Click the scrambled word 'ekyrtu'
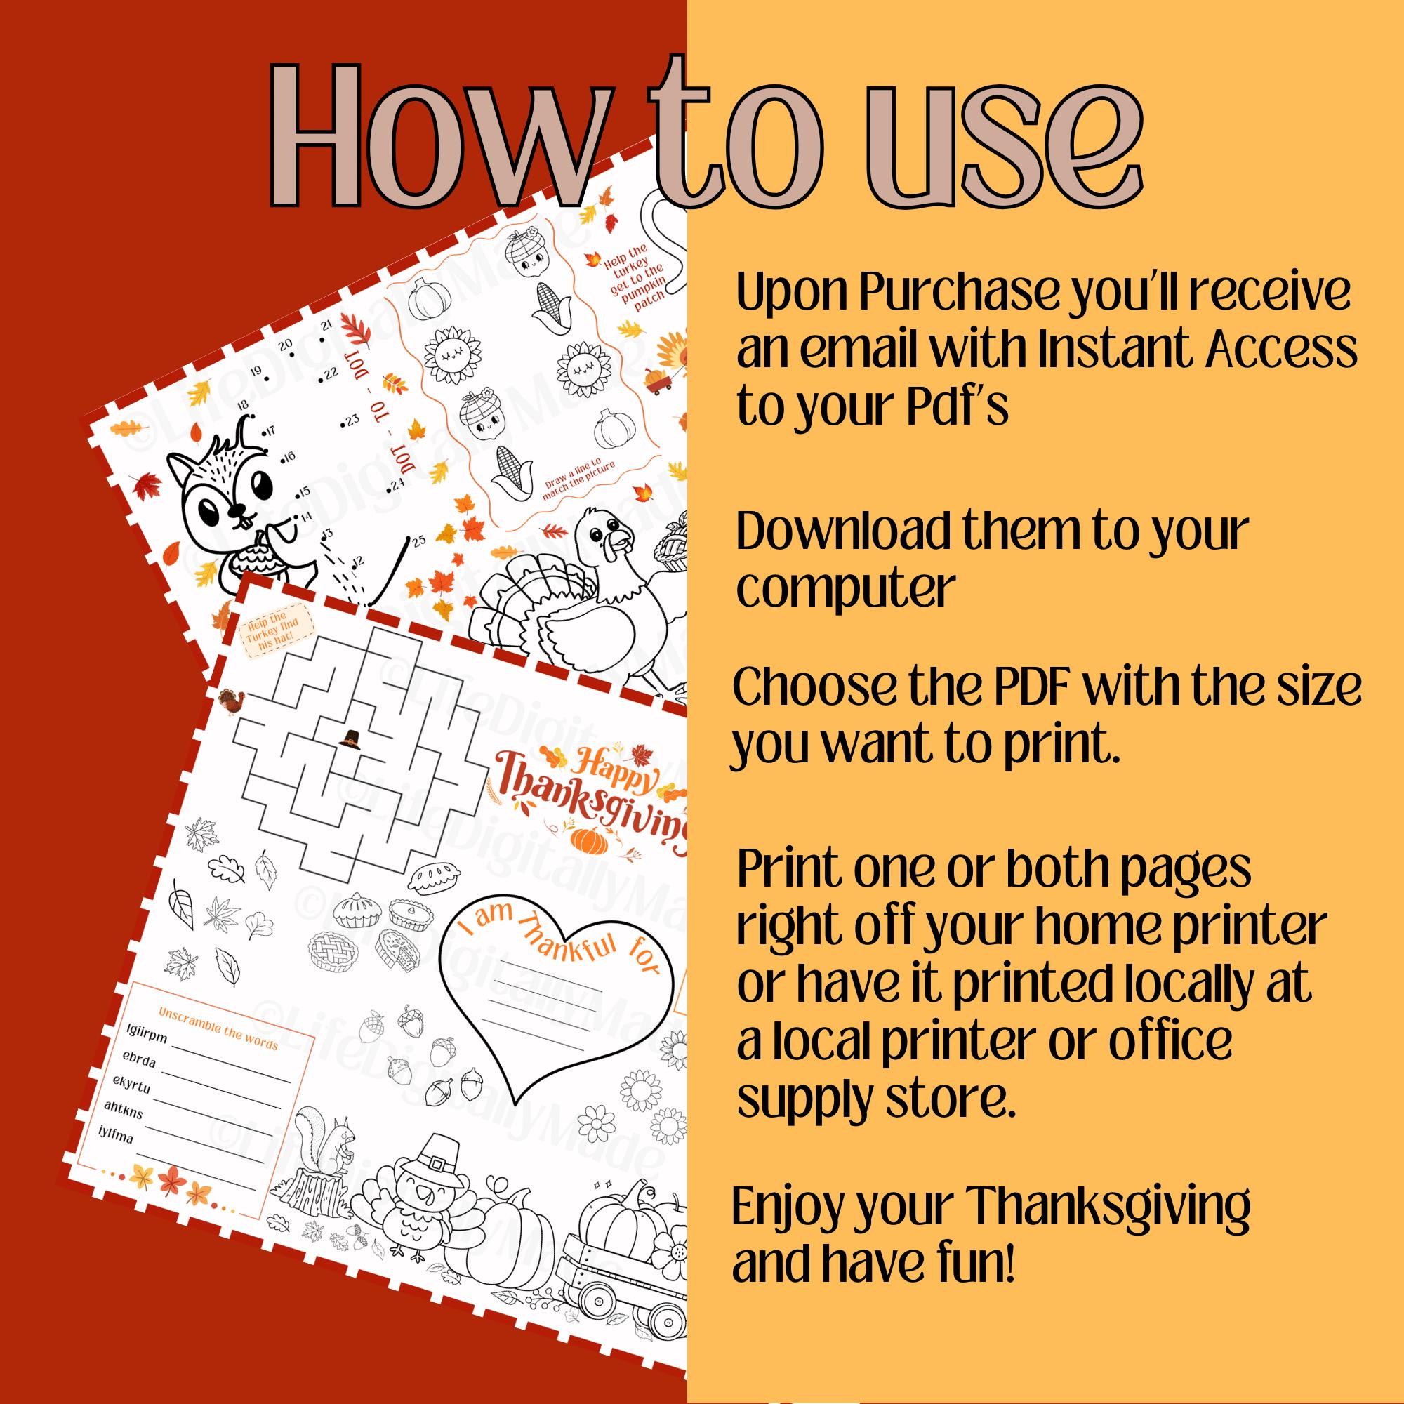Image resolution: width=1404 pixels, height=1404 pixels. click(131, 1086)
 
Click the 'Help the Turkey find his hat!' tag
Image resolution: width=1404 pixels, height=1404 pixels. click(266, 628)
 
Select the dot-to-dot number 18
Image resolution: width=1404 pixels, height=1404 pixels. click(242, 406)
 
